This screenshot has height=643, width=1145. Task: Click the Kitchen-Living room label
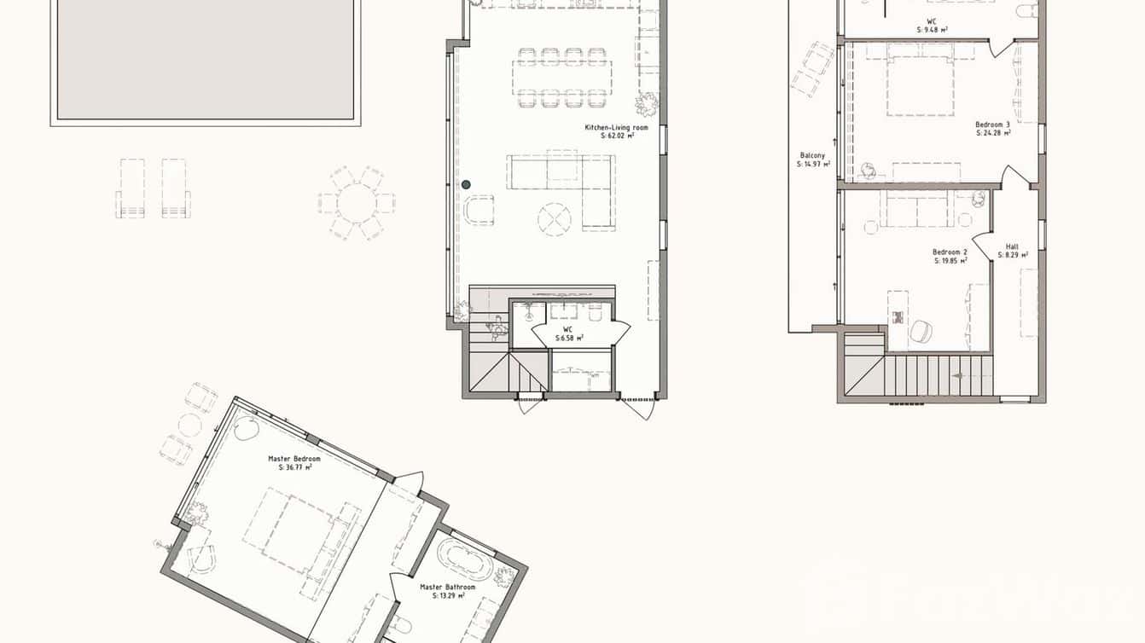click(616, 127)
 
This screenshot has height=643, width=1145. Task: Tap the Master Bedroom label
click(294, 459)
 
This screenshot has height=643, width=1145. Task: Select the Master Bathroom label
click(448, 587)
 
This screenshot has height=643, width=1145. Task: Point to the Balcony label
click(812, 155)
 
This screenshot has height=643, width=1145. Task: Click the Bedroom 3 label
click(992, 125)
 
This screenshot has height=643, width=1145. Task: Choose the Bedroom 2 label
click(950, 252)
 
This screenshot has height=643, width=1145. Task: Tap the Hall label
click(1012, 246)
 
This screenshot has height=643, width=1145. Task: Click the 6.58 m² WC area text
click(568, 339)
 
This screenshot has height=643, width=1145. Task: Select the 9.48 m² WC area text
click(932, 29)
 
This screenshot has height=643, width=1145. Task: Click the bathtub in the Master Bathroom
click(464, 559)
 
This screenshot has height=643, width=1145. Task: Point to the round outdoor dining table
click(357, 203)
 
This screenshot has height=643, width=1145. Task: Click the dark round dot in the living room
click(466, 184)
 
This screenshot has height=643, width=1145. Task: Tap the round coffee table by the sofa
click(555, 219)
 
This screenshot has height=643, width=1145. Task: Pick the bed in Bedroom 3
click(920, 84)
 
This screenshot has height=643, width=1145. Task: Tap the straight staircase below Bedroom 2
click(939, 375)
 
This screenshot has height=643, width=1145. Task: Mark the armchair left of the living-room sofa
click(479, 210)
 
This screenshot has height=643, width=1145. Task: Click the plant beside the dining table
click(646, 104)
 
